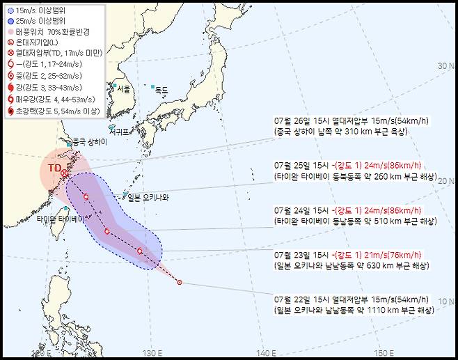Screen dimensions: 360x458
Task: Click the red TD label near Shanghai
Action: point(54,168)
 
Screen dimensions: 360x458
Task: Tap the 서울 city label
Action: point(123,89)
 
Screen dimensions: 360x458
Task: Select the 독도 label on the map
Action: point(161,89)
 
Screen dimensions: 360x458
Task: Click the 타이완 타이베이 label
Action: point(61,218)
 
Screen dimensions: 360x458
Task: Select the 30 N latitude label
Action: point(445,65)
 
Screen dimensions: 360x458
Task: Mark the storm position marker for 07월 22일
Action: point(180,282)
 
